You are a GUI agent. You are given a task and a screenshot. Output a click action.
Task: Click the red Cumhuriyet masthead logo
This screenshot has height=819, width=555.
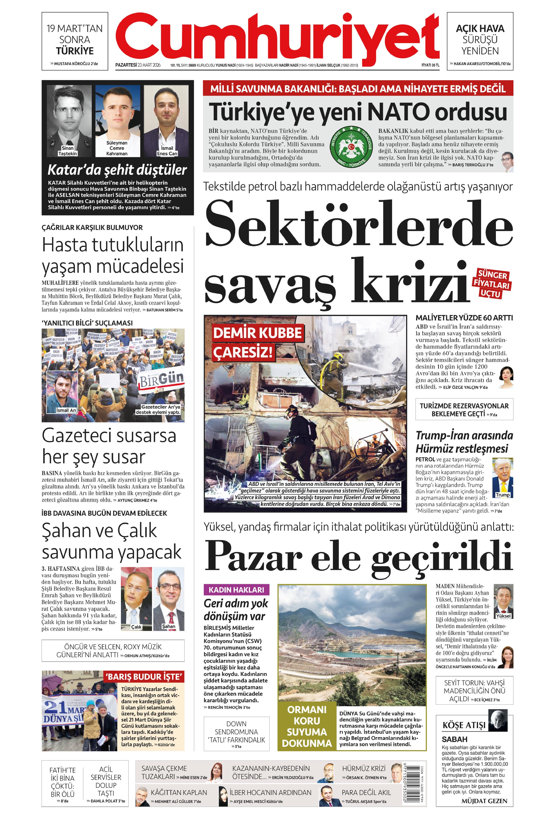point(277,37)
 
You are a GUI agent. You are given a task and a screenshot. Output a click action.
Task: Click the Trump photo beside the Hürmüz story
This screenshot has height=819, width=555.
point(502,477)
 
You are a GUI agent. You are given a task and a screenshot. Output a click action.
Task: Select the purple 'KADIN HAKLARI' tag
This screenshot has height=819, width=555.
point(236,590)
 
